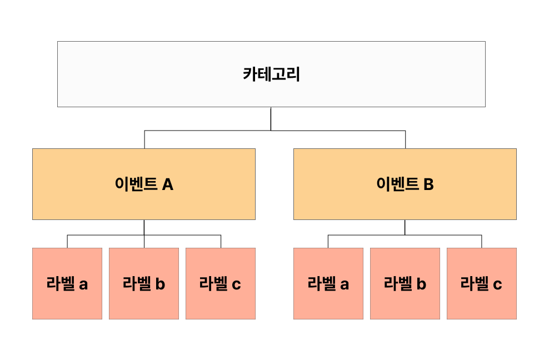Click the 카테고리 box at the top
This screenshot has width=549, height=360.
click(271, 74)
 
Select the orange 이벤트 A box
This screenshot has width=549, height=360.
click(143, 184)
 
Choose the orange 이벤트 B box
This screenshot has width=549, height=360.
click(405, 184)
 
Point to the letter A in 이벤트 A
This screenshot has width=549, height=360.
click(167, 184)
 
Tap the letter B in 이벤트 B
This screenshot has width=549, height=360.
click(428, 184)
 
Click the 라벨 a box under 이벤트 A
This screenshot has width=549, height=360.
click(67, 283)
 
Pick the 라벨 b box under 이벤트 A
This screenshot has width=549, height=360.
click(143, 283)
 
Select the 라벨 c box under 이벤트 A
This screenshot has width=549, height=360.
click(220, 283)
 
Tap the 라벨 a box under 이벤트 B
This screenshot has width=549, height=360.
click(328, 283)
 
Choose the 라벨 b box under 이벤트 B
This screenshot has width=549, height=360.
click(405, 283)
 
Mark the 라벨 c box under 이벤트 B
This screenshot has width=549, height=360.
click(481, 283)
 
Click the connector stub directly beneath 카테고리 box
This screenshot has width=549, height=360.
click(271, 118)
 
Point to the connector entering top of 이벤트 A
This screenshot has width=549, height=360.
click(144, 139)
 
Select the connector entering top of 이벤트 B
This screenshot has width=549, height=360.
click(405, 139)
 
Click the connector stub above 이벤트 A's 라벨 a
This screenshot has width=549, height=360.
click(67, 241)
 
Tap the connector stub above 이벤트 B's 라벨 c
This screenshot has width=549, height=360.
click(481, 241)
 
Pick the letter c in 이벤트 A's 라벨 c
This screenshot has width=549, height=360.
click(236, 285)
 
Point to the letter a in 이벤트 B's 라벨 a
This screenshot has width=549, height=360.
click(345, 285)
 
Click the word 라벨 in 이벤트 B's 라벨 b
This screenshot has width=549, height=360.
click(397, 284)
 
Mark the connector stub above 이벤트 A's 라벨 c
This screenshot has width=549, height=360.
click(221, 241)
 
